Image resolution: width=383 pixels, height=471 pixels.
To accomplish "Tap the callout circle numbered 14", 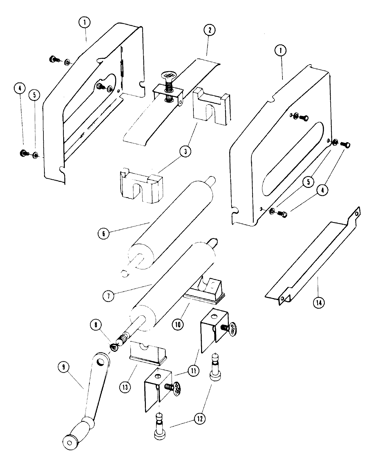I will click(x=318, y=302).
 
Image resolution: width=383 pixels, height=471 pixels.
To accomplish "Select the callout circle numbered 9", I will click(x=64, y=367).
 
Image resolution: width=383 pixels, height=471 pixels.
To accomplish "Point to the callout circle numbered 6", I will click(x=104, y=233).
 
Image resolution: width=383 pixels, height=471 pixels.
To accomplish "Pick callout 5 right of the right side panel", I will click(x=308, y=183).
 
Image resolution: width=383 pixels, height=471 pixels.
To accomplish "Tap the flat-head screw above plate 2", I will click(x=168, y=76).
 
